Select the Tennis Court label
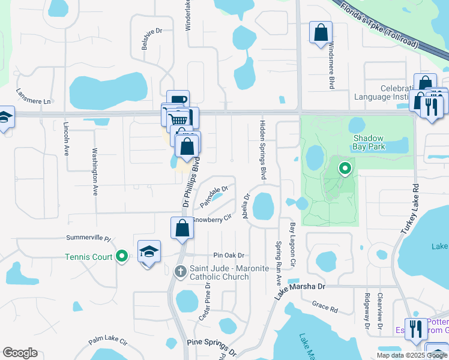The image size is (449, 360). point(89,257)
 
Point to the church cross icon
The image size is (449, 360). point(179,271)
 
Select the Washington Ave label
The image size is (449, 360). point(94,172)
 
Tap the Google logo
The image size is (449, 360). point(20,353)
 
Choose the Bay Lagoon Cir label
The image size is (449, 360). point(294,245)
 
